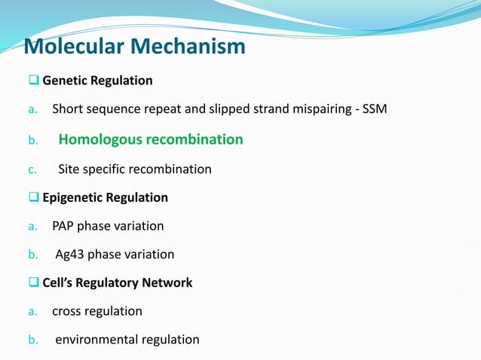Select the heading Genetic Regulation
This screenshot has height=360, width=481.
tap(97, 80)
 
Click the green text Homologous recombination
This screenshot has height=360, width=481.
tap(151, 139)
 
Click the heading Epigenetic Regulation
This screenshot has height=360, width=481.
tap(105, 197)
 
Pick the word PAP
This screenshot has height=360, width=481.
tap(64, 226)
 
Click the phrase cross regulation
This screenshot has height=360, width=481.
tap(97, 311)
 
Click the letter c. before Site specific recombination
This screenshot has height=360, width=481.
tap(32, 169)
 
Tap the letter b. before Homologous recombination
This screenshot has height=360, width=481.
tap(32, 139)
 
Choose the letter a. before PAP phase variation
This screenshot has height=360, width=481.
tap(32, 226)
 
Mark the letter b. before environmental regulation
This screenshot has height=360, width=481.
tap(32, 340)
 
